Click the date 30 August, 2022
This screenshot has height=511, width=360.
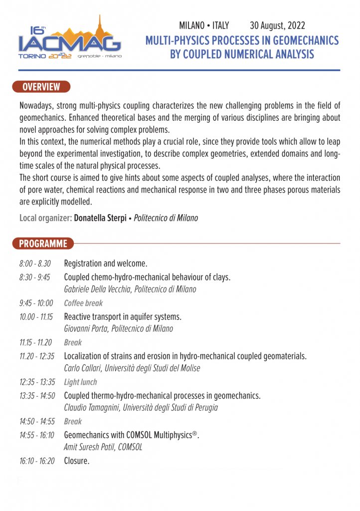277,25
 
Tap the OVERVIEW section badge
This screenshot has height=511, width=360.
41,87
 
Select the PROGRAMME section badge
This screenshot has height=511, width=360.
43,244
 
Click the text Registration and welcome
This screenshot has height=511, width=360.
106,263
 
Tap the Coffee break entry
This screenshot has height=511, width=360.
83,303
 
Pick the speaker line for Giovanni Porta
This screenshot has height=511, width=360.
119,329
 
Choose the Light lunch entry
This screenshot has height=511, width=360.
80,382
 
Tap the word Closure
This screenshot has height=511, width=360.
77,461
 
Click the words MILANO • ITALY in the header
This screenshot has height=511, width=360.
204,25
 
